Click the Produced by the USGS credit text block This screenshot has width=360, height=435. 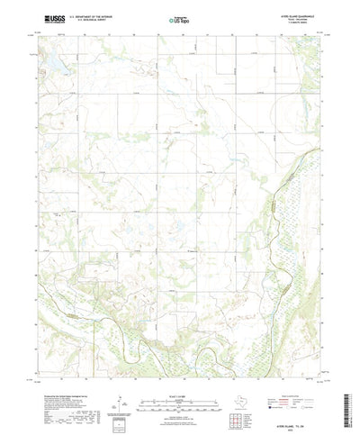coord(58,396)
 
